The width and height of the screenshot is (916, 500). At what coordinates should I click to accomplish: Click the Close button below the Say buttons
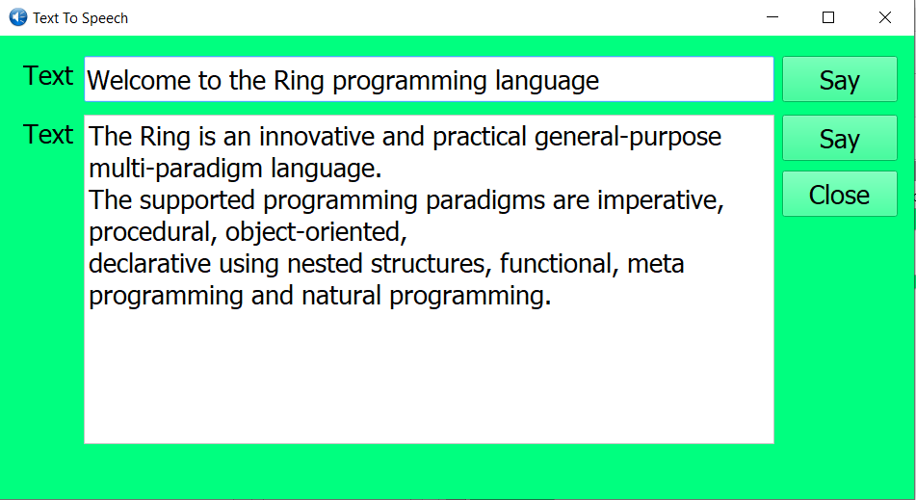[x=839, y=195]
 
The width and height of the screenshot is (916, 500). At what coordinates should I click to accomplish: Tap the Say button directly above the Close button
[x=839, y=139]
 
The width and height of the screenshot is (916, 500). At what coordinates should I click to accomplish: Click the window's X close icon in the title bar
[x=884, y=17]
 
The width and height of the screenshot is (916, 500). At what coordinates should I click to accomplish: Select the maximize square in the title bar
[x=827, y=17]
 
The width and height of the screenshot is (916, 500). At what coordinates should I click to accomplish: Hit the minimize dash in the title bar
[x=771, y=17]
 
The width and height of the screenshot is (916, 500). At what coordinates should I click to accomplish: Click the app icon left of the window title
[x=17, y=17]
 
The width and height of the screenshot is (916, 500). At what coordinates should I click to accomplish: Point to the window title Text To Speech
[x=80, y=18]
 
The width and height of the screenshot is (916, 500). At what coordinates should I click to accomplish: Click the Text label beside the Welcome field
[x=48, y=75]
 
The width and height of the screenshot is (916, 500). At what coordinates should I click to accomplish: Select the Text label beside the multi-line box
[x=48, y=135]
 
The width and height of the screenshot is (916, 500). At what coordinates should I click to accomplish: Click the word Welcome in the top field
[x=139, y=81]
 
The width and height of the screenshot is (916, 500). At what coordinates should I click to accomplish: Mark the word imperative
[x=660, y=200]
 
